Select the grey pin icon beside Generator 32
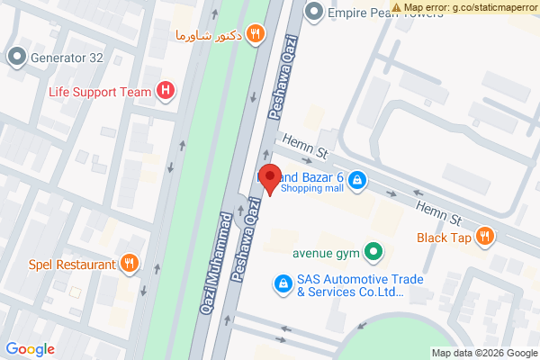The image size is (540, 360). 17,58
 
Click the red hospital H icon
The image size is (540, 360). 166,90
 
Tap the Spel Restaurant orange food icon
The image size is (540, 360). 130,264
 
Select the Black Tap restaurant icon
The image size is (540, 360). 485,238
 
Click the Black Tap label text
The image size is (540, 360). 444,238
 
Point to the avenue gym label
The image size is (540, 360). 326,252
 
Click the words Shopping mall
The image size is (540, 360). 311,189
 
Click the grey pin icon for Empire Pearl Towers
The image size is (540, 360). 313,13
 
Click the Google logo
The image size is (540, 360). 30,349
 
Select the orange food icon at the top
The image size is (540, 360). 256,35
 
